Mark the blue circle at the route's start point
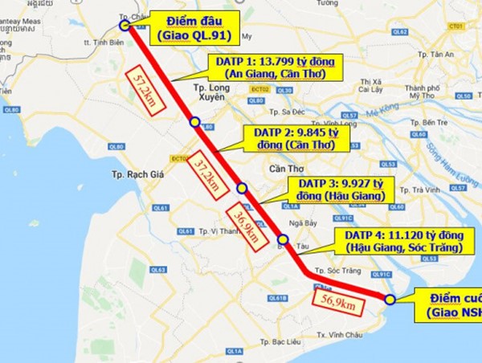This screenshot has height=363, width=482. (125, 25)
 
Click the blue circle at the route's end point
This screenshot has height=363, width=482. (389, 300)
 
